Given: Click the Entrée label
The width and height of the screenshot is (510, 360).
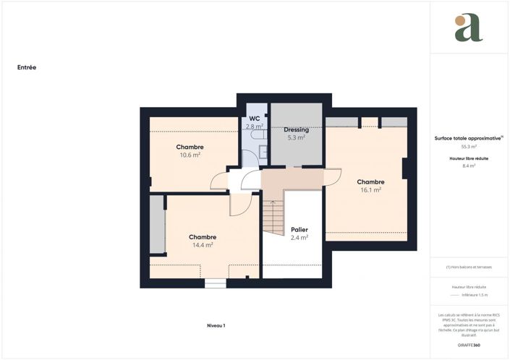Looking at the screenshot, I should [27, 67].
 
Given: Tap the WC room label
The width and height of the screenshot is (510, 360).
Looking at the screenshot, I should [255, 119].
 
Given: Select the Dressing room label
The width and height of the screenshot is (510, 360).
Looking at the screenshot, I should [296, 129].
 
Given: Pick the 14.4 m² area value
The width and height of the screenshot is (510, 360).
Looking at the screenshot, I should [203, 245].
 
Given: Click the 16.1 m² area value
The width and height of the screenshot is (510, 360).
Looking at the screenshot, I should [370, 190].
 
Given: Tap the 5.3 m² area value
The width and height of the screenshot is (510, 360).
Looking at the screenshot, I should [296, 137].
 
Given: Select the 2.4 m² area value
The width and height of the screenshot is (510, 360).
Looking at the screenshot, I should [299, 238].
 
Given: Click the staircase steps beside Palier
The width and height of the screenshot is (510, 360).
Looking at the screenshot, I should [272, 217].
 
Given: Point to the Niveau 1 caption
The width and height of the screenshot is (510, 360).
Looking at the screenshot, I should [216, 326].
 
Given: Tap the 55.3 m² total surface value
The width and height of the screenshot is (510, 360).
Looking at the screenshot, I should [469, 146].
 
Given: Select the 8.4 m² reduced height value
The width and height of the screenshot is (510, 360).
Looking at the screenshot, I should [469, 166].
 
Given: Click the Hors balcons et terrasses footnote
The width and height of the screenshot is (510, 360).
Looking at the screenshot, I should [469, 267].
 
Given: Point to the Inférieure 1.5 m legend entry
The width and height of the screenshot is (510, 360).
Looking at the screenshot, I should [475, 295].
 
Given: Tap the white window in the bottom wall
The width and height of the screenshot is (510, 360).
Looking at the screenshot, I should [216, 284].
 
